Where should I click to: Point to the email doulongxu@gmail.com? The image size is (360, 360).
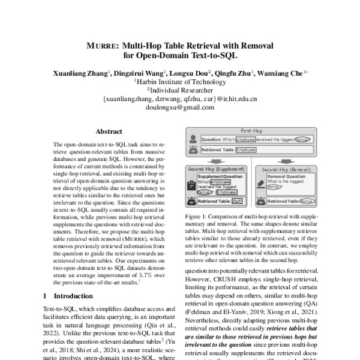[180, 107]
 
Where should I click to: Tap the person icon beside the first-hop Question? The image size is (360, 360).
[193, 139]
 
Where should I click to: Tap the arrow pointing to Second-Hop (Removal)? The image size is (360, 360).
[283, 161]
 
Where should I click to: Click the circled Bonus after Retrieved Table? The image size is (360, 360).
[307, 200]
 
